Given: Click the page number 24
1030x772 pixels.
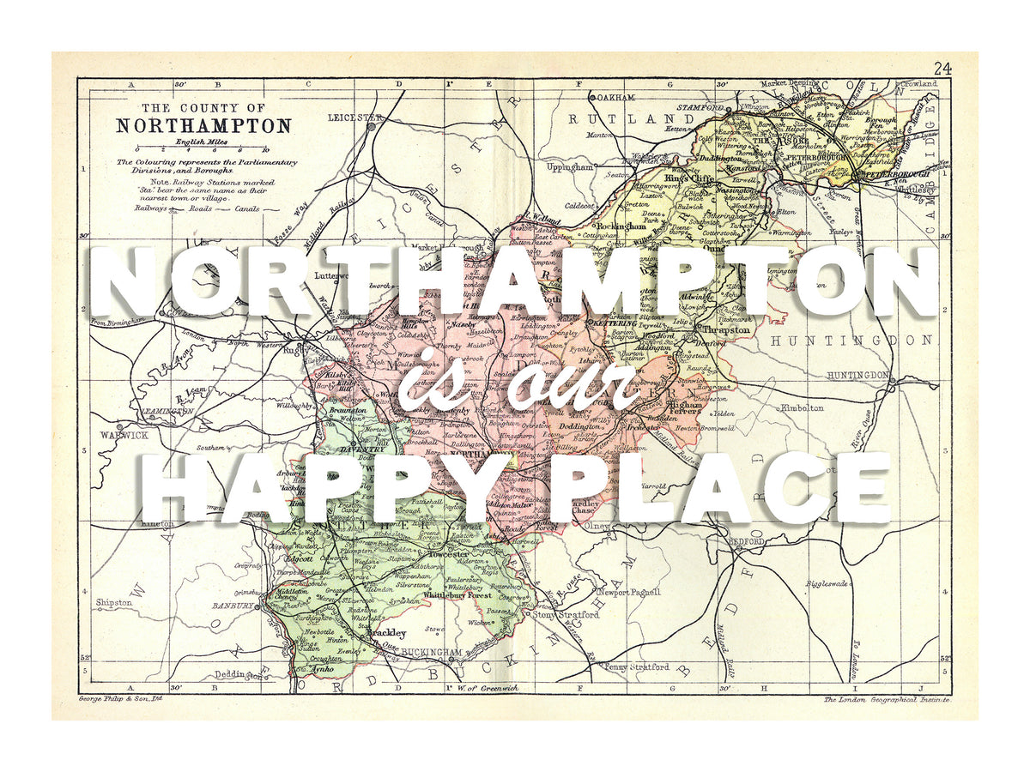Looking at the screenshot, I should click(942, 69).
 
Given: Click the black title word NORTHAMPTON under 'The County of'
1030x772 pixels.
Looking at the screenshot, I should click(203, 125).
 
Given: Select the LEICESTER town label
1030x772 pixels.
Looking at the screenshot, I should click(355, 117).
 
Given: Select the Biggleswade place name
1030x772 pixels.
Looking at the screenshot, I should click(827, 583).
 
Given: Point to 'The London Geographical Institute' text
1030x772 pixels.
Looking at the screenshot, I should click(886, 700).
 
